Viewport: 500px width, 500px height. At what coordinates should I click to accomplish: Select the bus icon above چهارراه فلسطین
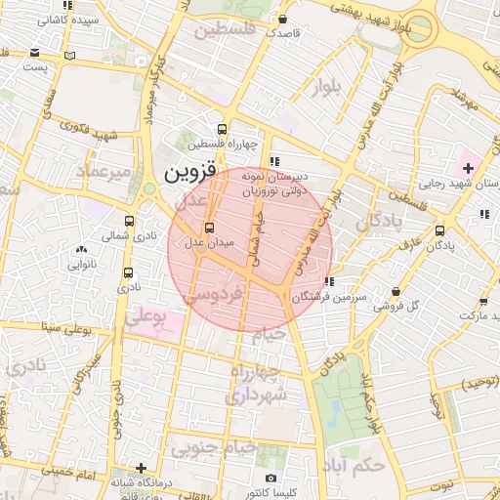click(x=223, y=128)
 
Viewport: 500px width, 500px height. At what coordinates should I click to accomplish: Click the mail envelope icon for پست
click(x=35, y=53)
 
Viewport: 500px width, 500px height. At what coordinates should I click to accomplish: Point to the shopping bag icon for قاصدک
click(x=282, y=19)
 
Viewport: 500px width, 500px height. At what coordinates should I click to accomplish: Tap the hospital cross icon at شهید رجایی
click(x=468, y=169)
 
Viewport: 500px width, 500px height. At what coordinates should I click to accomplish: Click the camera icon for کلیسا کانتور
click(x=271, y=478)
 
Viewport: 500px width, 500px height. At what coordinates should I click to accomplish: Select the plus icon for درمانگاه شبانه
click(x=143, y=468)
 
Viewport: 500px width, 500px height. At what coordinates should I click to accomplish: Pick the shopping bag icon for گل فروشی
click(x=395, y=291)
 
